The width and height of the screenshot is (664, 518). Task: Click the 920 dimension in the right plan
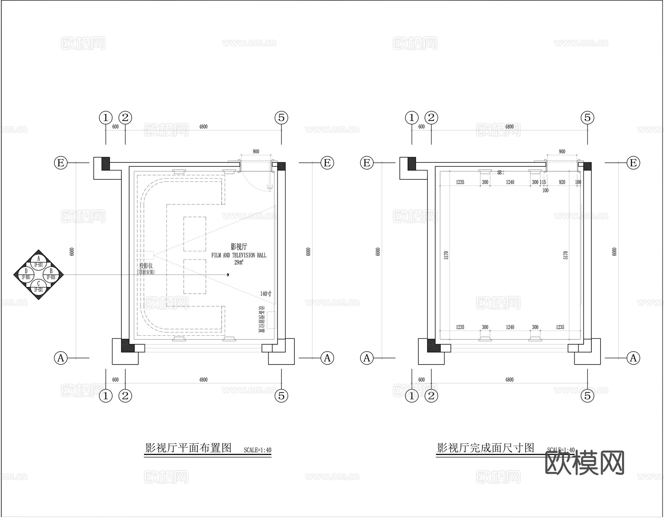tap(562, 182)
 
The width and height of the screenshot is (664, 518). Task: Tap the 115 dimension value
tap(543, 182)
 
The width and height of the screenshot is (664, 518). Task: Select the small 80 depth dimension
tap(500, 172)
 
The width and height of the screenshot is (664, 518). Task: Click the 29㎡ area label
tap(239, 262)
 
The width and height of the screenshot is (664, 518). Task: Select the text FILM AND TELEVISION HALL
tap(239, 255)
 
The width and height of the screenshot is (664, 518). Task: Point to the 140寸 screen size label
tap(266, 294)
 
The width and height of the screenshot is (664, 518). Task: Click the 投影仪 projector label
tap(146, 266)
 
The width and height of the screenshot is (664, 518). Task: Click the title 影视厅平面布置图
tap(188, 448)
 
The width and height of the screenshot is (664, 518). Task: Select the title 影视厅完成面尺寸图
tap(485, 448)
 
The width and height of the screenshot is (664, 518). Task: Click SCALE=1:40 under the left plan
tap(257, 450)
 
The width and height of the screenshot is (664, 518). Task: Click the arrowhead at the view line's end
tap(228, 274)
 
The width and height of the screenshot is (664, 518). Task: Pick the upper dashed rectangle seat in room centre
tap(195, 234)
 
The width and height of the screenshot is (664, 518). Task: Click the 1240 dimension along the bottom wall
tap(510, 327)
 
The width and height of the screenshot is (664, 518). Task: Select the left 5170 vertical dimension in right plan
tap(446, 255)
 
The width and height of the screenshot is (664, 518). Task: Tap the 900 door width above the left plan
tap(256, 152)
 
